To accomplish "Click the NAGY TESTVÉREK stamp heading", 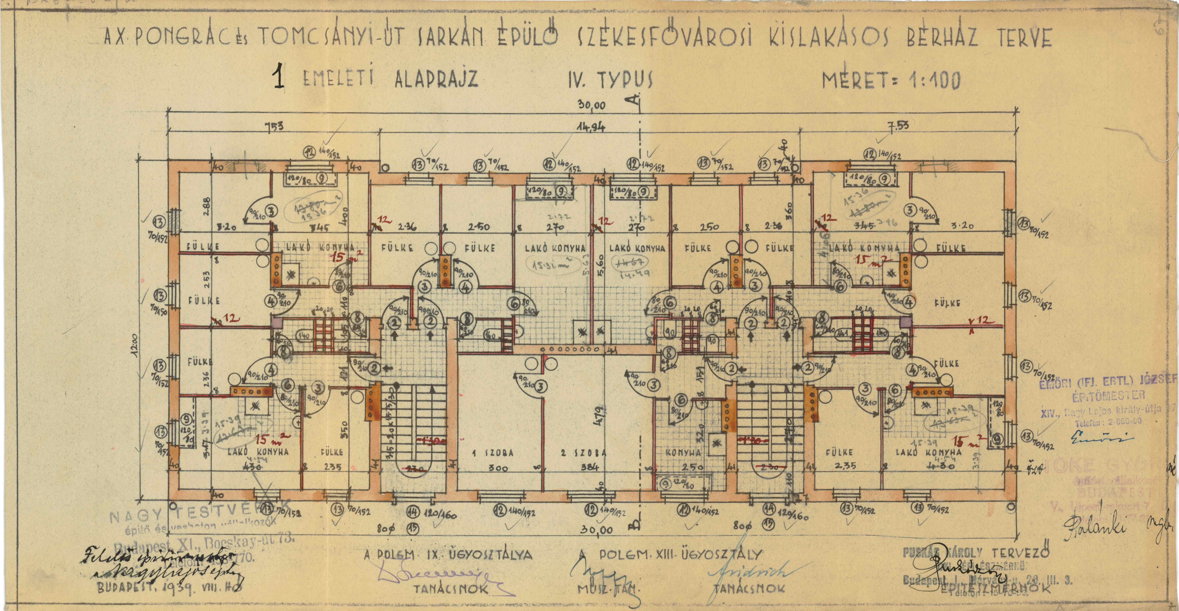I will click(192, 519).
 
